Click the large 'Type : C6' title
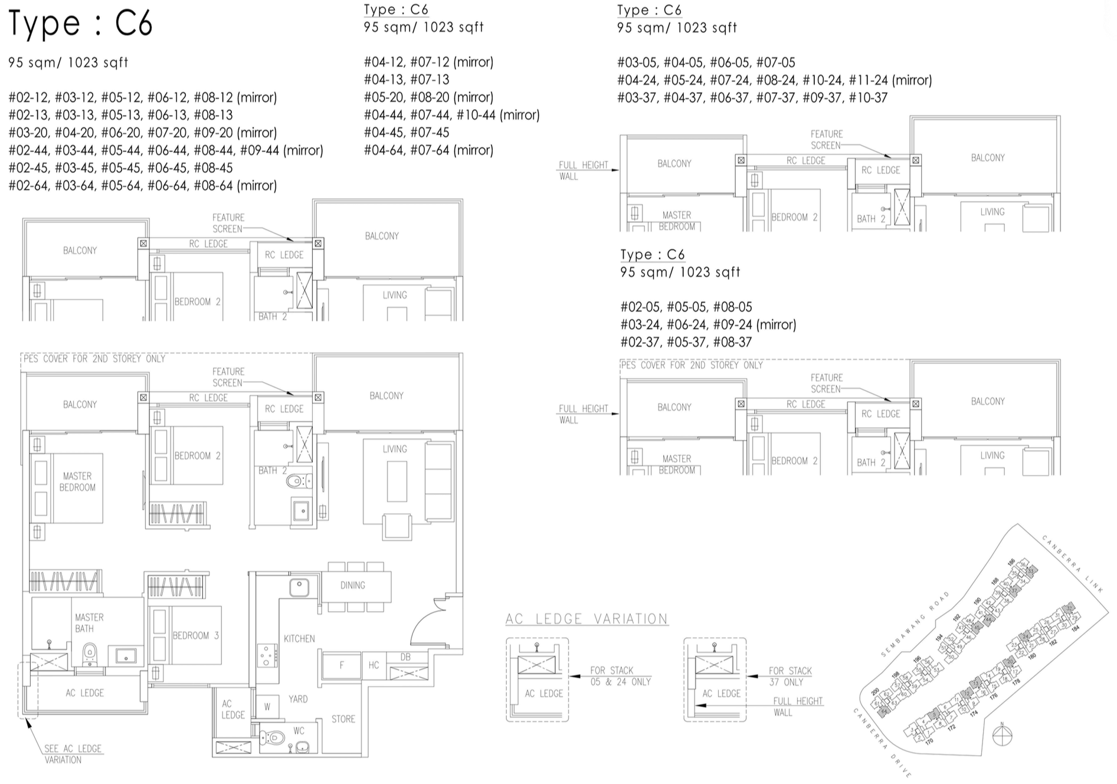pyautogui.click(x=80, y=24)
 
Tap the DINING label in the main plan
pyautogui.click(x=352, y=585)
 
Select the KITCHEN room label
pyautogui.click(x=299, y=638)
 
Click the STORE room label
pyautogui.click(x=343, y=719)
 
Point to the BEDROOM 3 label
pyautogui.click(x=195, y=635)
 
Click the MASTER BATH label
pyautogui.click(x=89, y=623)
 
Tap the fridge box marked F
pyautogui.click(x=341, y=665)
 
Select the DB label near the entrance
pyautogui.click(x=405, y=657)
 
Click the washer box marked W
pyautogui.click(x=267, y=706)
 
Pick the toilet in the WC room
pyautogui.click(x=272, y=737)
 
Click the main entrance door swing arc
pyautogui.click(x=425, y=622)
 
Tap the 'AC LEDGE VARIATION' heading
pyautogui.click(x=587, y=619)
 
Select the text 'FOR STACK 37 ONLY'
pyautogui.click(x=790, y=676)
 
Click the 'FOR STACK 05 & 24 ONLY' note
pyautogui.click(x=620, y=676)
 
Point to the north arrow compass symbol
pyautogui.click(x=1002, y=736)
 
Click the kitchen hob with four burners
pyautogui.click(x=266, y=655)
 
